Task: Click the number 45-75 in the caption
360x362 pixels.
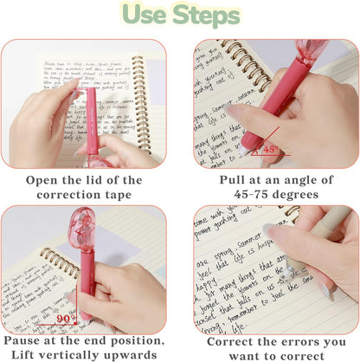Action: (229, 195)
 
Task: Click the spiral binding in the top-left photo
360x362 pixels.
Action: (139, 95)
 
